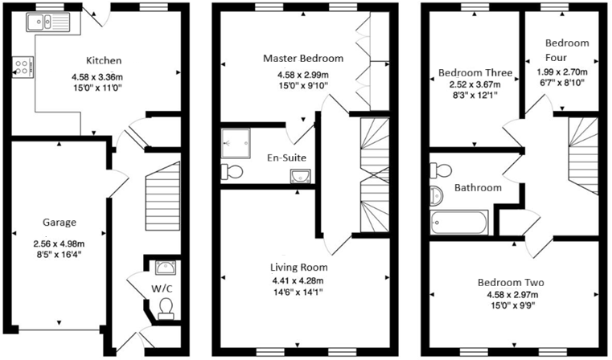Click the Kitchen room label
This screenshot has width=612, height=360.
tap(105, 60)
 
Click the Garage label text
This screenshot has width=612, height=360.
tap(59, 223)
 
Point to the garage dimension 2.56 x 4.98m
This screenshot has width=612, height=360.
tap(59, 243)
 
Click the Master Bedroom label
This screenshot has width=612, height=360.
tap(303, 59)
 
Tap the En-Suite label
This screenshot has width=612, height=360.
tap(285, 158)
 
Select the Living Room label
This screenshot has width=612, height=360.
tap(298, 267)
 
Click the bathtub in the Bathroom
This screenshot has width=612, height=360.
tap(461, 220)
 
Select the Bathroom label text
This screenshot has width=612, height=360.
tap(478, 188)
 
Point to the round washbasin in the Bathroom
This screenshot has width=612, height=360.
tap(437, 195)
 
